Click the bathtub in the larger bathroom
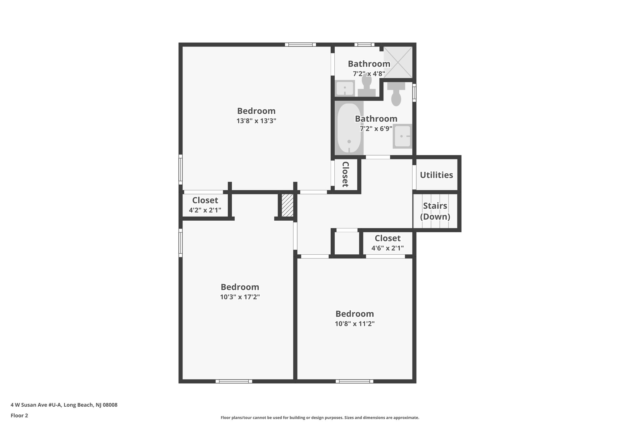[349, 128]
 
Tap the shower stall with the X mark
[397, 62]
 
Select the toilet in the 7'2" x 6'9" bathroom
[396, 95]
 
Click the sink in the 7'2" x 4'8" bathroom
[345, 88]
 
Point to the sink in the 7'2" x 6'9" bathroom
[402, 136]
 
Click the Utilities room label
[436, 175]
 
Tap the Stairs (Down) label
[435, 211]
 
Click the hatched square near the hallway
[287, 205]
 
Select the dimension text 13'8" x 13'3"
[256, 121]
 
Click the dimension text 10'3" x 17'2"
[240, 297]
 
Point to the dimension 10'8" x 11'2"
[355, 324]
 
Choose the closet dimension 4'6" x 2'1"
[387, 248]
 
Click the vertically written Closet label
[345, 174]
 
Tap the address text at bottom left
[64, 405]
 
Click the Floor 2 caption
[19, 415]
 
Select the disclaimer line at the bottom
[320, 418]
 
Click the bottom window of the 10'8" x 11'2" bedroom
[354, 381]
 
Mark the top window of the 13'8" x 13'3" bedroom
[300, 45]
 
